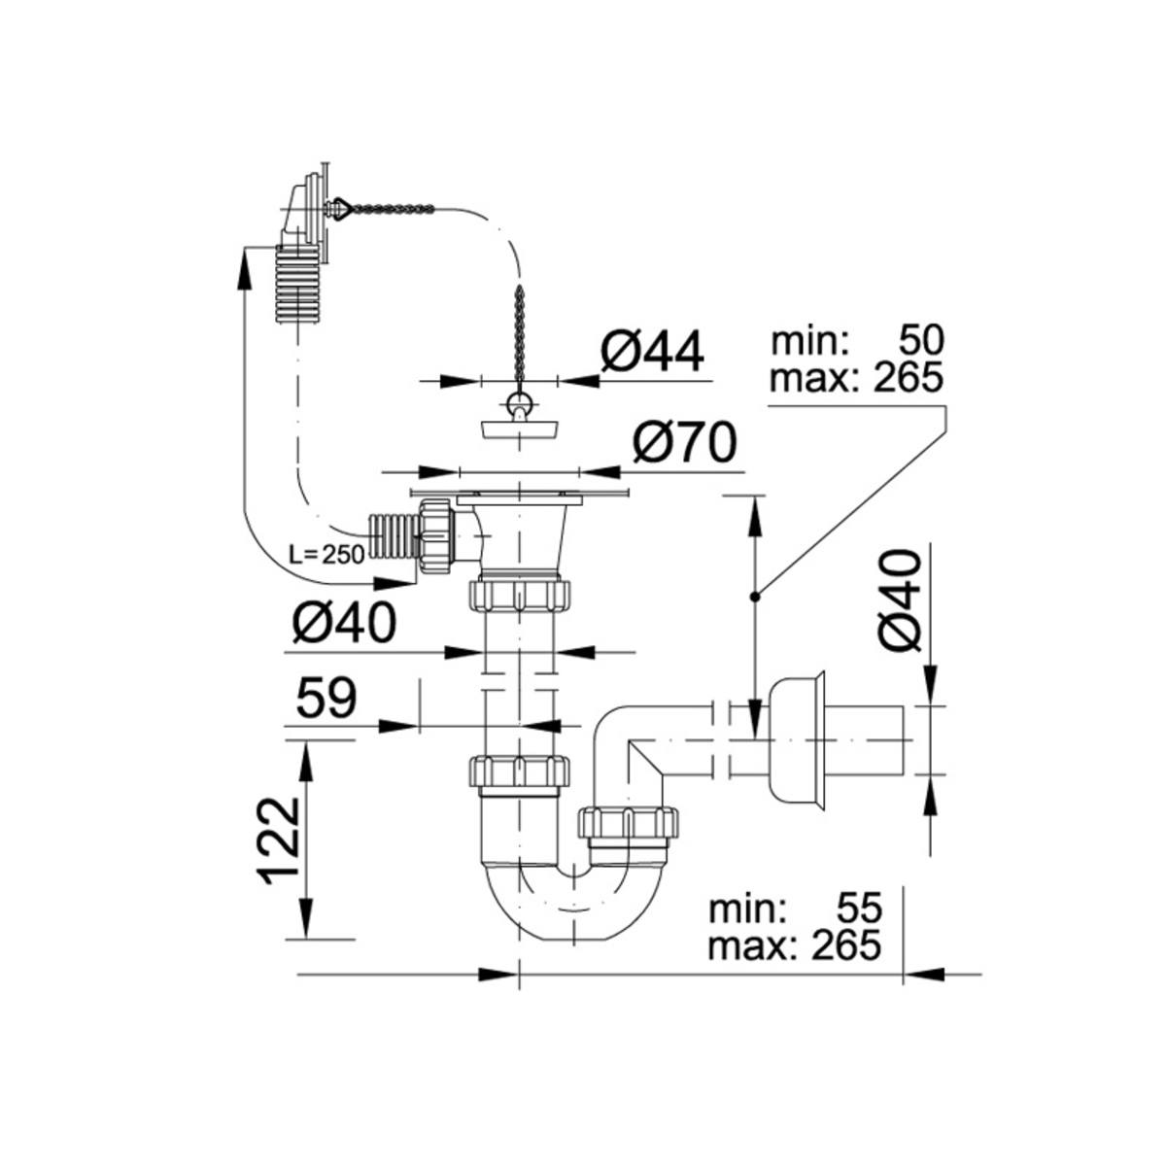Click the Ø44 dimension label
point(651,352)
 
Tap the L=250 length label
point(326,555)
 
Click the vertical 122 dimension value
point(281,840)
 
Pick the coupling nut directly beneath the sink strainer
point(521,593)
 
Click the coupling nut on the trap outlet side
point(627,823)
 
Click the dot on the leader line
point(754,596)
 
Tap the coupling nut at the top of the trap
point(521,772)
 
